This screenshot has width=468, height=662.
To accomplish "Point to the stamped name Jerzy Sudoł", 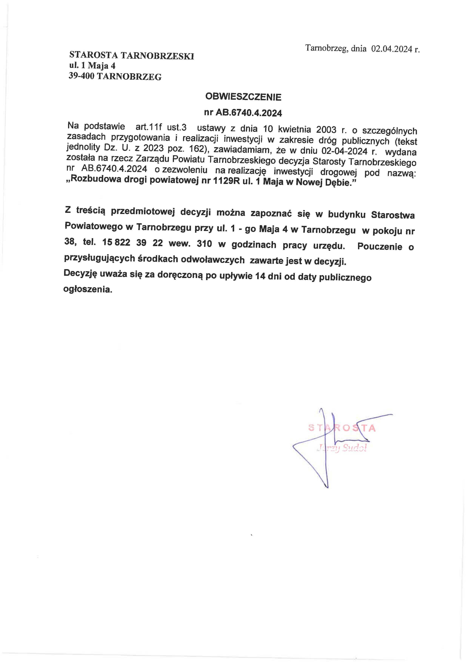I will tap(342, 448).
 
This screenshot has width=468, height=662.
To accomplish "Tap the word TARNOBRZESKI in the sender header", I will tap(157, 56).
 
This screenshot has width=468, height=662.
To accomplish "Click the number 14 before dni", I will tap(260, 276).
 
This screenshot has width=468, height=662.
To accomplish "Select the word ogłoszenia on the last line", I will tap(87, 289).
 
